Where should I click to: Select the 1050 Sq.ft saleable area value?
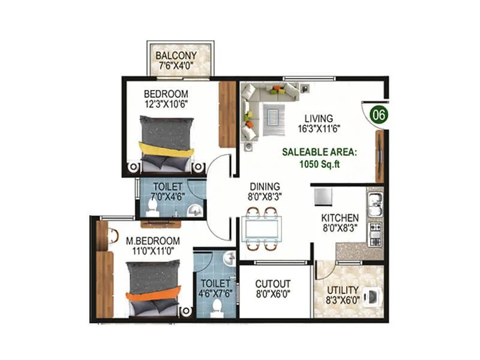[319, 164]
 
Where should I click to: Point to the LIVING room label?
[318, 118]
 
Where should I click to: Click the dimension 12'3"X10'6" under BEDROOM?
[166, 104]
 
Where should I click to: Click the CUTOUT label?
[272, 284]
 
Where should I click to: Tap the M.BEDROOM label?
[152, 241]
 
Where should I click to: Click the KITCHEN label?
[340, 218]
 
